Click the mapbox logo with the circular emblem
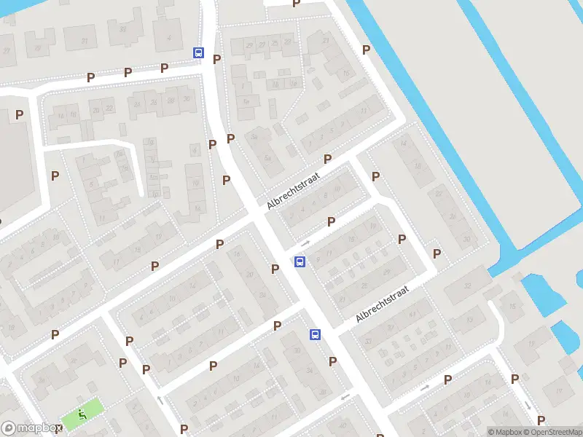pyautogui.click(x=31, y=428)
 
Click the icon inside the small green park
pyautogui.click(x=82, y=415)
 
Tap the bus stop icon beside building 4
pyautogui.click(x=198, y=52)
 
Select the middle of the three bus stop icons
pyautogui.click(x=300, y=261)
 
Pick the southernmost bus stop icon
pyautogui.click(x=316, y=334)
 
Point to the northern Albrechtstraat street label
pyautogui.click(x=294, y=191)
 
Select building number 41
pyautogui.click(x=412, y=314)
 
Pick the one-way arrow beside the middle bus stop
pyautogui.click(x=305, y=243)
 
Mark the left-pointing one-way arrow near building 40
pyautogui.click(x=345, y=398)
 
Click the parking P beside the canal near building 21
pyautogui.click(x=367, y=50)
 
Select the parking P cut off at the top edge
pyautogui.click(x=296, y=4)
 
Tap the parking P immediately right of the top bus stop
pyautogui.click(x=216, y=59)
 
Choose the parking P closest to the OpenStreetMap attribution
pyautogui.click(x=541, y=420)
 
